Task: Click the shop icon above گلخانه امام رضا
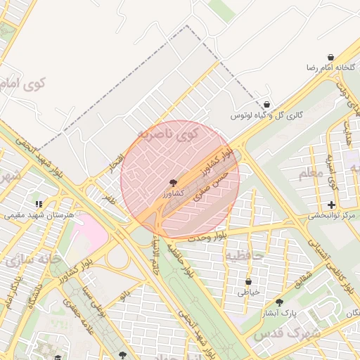[330, 57]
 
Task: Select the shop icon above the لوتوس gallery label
[266, 105]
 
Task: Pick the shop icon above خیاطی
[248, 281]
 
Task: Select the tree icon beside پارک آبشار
[280, 302]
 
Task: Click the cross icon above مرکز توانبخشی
[331, 205]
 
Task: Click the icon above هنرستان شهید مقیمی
[39, 204]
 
